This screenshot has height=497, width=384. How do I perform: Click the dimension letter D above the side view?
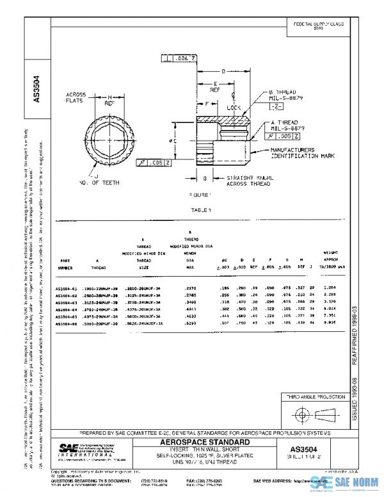click(223, 71)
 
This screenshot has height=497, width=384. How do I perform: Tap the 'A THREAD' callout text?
click(285, 122)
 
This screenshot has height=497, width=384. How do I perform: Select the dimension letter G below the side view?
click(204, 179)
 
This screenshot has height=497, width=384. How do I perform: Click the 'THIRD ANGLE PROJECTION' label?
click(314, 397)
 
